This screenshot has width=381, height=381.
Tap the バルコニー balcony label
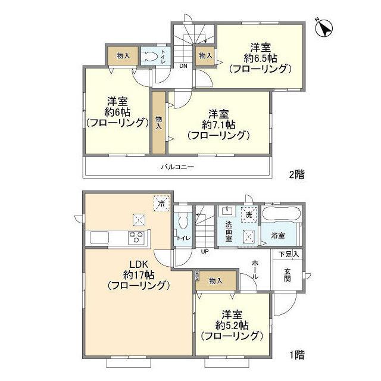click(177, 167)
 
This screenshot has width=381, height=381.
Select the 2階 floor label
click(296, 174)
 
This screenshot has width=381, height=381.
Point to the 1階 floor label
click(296, 356)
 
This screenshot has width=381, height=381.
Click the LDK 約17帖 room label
click(139, 275)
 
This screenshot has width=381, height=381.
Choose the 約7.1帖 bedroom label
click(217, 124)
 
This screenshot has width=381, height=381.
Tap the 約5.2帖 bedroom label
click(232, 325)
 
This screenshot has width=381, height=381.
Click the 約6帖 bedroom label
click(116, 112)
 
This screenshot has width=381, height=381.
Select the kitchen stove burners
click(136, 237)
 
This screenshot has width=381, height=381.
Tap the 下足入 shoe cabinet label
click(289, 254)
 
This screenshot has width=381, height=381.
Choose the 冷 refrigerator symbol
click(160, 204)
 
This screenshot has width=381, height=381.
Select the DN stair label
click(183, 66)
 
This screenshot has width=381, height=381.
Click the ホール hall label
click(255, 269)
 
